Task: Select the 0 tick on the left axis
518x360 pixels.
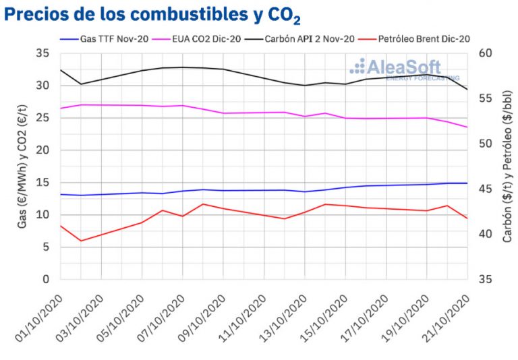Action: [46, 279]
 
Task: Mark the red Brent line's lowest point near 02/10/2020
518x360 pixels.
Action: [81, 241]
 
